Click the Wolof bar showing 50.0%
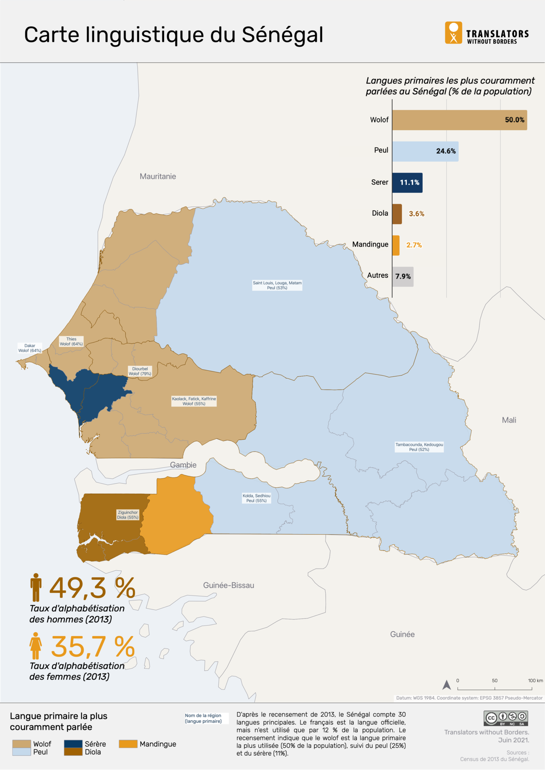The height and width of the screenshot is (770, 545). [x=459, y=120]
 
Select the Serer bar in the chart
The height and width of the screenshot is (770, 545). [x=407, y=183]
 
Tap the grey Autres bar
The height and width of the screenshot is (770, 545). [x=403, y=277]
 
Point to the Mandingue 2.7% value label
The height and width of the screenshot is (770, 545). [x=414, y=245]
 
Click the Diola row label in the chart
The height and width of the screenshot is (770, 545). [x=380, y=213]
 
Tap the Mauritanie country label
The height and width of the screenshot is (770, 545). [x=158, y=176]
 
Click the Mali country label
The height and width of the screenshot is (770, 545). [x=509, y=420]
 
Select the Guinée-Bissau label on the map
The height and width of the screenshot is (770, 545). [x=228, y=585]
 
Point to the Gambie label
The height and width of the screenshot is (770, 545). [x=183, y=465]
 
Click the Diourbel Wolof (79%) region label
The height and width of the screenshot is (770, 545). [x=140, y=371]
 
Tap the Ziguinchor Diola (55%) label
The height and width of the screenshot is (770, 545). [x=128, y=515]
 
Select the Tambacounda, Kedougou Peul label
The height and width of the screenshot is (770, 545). [x=419, y=447]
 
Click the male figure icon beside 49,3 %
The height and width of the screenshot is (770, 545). [x=36, y=587]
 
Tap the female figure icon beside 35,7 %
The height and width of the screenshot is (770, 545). [x=36, y=646]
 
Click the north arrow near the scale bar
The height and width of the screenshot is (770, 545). [x=446, y=685]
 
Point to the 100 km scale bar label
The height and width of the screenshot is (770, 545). [x=535, y=681]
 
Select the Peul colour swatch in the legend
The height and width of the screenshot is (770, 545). [x=21, y=752]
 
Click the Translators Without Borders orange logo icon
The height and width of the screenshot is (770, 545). [x=453, y=33]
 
